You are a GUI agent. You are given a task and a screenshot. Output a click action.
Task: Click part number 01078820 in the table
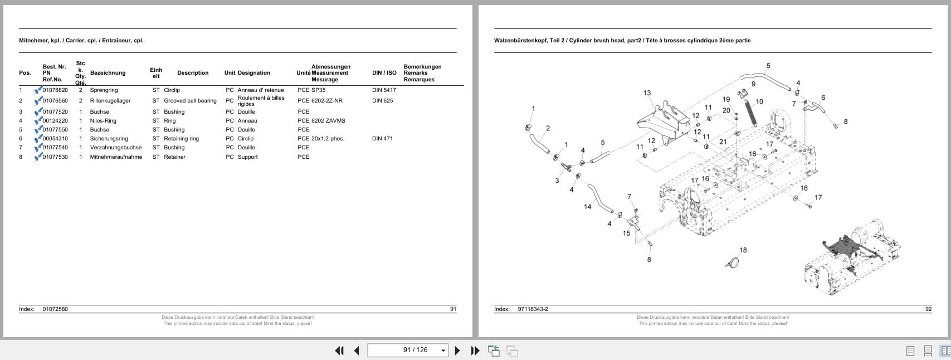[55, 90]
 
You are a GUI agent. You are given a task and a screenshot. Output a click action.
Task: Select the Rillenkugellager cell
[110, 101]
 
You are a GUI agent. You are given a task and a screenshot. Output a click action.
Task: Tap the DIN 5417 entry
[384, 90]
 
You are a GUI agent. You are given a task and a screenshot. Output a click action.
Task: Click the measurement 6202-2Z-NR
[327, 101]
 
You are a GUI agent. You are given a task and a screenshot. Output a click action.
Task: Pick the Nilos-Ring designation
[103, 121]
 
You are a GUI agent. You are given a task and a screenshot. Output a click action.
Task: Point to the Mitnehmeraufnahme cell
[116, 157]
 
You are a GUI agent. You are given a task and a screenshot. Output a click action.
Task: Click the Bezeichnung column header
[108, 73]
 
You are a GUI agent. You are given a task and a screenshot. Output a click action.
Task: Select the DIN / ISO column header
[384, 73]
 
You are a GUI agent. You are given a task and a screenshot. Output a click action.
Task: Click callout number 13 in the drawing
[647, 93]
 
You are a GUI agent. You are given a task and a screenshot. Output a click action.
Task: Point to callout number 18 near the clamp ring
[743, 250]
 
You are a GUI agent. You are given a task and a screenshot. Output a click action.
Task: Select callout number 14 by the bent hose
[587, 207]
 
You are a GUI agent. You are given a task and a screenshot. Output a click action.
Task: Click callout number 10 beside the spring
[759, 102]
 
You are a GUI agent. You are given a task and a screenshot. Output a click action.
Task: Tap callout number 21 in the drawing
[723, 142]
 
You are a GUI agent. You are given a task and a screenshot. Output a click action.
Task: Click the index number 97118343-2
[533, 309]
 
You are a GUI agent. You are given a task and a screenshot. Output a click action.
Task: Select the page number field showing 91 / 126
[415, 350]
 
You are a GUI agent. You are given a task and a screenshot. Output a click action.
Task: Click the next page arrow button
[457, 351]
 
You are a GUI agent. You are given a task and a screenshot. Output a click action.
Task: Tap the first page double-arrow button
[339, 351]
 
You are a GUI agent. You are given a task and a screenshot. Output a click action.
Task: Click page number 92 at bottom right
[928, 309]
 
